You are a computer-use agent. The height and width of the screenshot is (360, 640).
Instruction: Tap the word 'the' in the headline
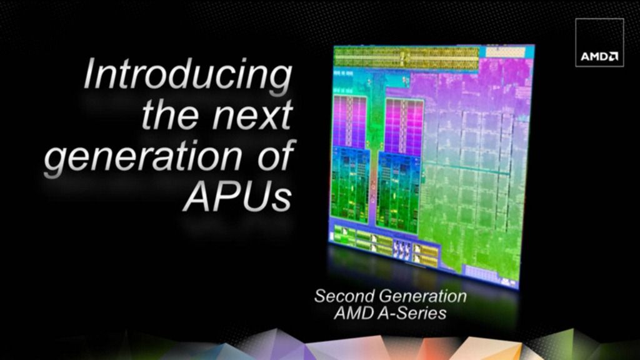click(171, 114)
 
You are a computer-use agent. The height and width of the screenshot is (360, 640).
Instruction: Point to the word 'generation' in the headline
click(143, 157)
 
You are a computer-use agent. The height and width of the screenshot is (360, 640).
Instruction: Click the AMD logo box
click(599, 42)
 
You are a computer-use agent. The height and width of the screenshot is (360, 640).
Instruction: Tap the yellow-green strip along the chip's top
click(406, 57)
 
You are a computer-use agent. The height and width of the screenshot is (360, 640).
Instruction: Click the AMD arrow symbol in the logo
click(614, 56)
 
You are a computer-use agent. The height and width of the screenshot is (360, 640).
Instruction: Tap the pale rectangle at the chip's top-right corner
click(505, 52)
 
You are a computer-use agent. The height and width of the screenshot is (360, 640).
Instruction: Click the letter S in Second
click(320, 296)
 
